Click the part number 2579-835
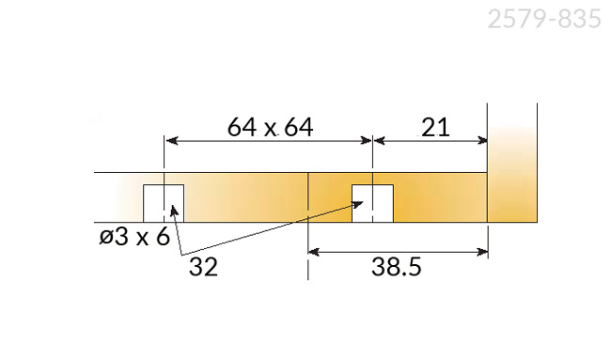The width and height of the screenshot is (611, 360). (544, 19)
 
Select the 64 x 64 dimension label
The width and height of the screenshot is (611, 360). (269, 127)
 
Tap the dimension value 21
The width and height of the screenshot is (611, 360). (434, 127)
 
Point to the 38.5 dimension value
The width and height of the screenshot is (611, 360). (396, 267)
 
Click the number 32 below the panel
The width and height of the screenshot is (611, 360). (203, 267)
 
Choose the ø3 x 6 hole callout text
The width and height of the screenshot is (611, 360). (134, 236)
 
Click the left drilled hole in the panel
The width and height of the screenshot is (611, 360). (164, 203)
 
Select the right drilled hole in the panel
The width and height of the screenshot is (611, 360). (372, 203)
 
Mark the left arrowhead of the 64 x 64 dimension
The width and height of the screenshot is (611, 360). (170, 141)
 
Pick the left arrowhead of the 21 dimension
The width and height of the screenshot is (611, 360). (380, 141)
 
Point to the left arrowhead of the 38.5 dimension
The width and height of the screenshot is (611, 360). (315, 251)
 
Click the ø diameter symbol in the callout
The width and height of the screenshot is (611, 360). (106, 236)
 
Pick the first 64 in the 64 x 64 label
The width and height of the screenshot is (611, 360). (242, 127)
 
